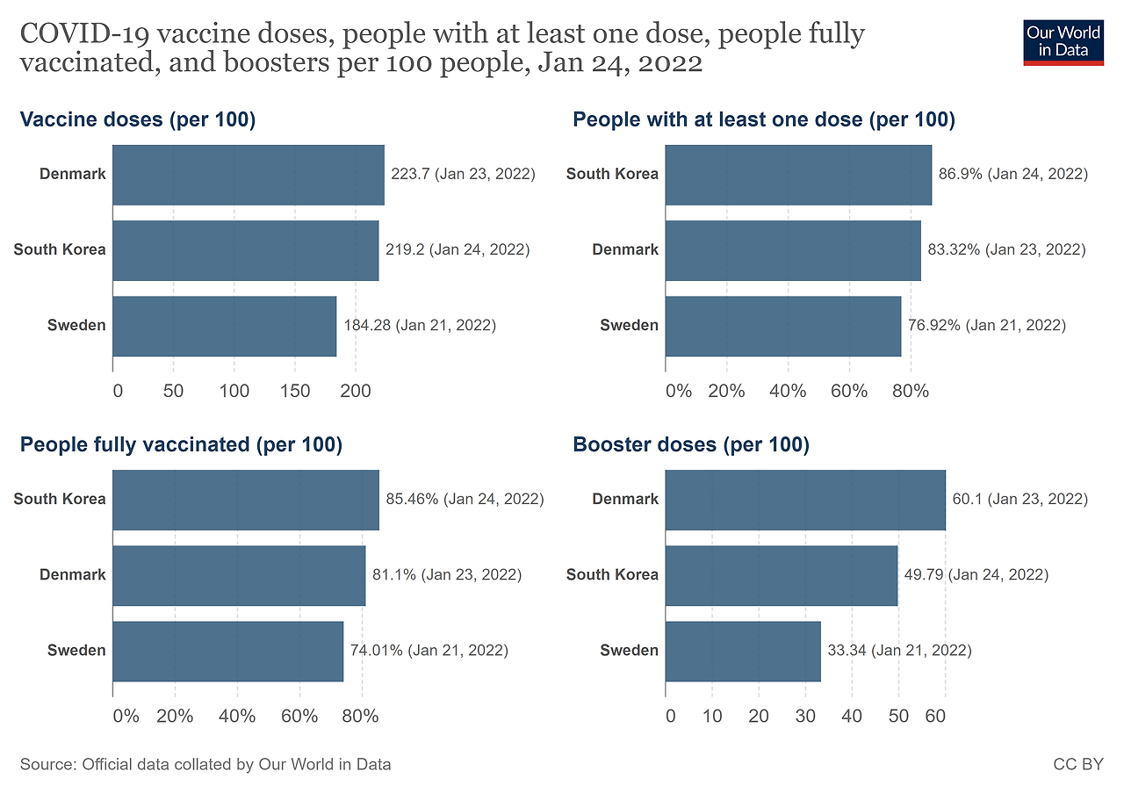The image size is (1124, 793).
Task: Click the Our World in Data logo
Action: (x=1063, y=41)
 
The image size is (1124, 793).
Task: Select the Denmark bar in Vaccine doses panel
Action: (x=249, y=175)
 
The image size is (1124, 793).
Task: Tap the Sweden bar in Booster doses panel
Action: (x=743, y=652)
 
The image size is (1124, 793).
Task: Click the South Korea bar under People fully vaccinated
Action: (x=246, y=500)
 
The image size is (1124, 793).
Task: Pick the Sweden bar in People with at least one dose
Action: (x=783, y=326)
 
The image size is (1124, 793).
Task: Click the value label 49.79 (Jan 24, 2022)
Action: (x=976, y=575)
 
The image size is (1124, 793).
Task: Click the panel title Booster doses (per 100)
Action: (x=691, y=445)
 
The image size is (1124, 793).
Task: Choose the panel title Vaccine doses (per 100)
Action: (x=138, y=120)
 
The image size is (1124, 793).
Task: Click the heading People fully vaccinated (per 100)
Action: (x=181, y=445)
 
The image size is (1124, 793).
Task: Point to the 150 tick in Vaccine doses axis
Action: (x=294, y=391)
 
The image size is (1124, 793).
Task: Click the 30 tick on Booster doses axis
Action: (x=806, y=716)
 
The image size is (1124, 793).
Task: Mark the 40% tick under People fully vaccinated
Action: (x=237, y=716)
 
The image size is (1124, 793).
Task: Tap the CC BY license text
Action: (x=1077, y=764)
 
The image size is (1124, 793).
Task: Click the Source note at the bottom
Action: (x=205, y=764)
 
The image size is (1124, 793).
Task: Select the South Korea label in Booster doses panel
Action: (x=612, y=575)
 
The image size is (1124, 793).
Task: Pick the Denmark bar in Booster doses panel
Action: (x=805, y=500)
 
